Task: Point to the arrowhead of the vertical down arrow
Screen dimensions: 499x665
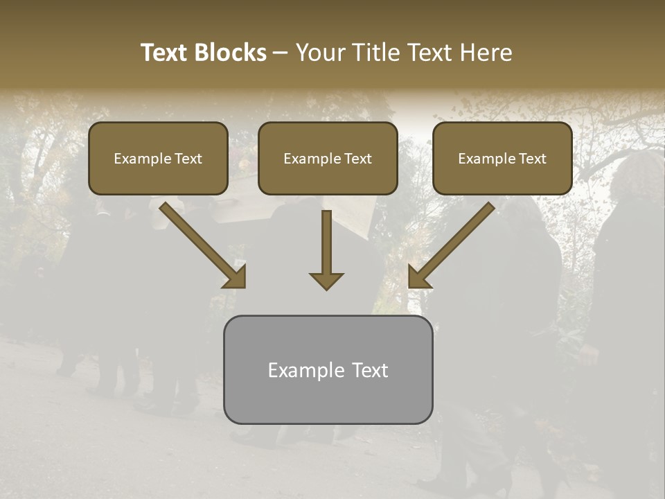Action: coord(326,281)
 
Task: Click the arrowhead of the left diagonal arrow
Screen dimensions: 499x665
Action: coord(236,277)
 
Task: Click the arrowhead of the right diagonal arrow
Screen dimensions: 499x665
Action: coord(418,278)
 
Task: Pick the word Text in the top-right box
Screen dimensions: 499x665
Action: coord(533,159)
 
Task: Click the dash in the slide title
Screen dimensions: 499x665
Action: coord(281,53)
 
